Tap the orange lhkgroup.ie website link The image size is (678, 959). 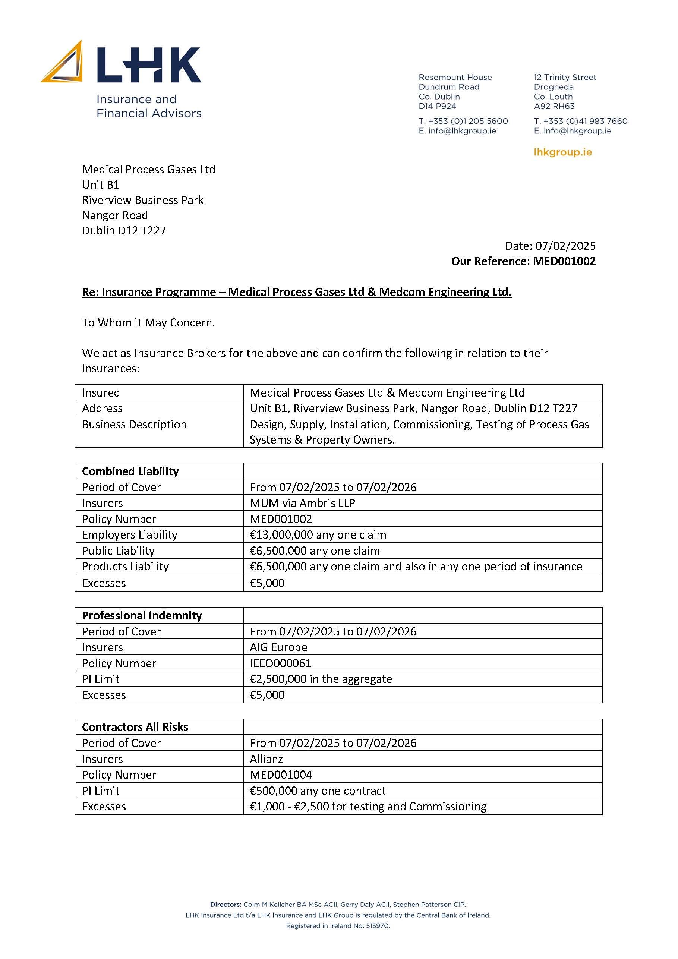coord(562,152)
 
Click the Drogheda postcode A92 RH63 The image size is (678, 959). coord(554,106)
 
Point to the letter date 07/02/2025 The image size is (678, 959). coord(565,246)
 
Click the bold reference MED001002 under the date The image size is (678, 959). coord(564,261)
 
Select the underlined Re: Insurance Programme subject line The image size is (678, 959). coord(297,292)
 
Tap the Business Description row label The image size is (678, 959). coord(134,425)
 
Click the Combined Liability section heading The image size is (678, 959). coord(130,471)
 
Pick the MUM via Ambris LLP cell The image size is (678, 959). coord(302,503)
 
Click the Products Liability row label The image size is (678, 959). coord(125,567)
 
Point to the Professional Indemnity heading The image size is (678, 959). coord(142,615)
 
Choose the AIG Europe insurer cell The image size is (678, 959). coord(278,647)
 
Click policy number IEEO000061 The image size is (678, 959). coord(280,663)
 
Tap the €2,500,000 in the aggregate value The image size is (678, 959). coord(321,679)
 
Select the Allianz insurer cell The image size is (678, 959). coord(266,758)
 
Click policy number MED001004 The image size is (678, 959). coord(281,775)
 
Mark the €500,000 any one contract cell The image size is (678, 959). coord(318,790)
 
